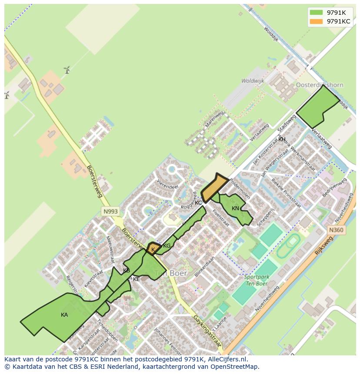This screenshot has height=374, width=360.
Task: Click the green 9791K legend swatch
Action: [x=316, y=13]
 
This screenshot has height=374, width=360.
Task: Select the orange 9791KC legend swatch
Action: [x=316, y=21]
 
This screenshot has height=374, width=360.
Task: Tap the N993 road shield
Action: [x=110, y=212]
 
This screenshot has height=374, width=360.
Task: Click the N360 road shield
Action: [x=336, y=230]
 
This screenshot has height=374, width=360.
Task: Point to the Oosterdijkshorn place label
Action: [x=319, y=85]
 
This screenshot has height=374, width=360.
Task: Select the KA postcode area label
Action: [x=64, y=315]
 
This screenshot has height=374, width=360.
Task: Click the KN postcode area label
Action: [x=235, y=209]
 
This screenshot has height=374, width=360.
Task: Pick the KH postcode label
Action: [x=282, y=139]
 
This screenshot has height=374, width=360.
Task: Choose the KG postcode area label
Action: [x=167, y=246]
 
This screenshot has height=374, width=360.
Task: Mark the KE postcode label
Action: [x=136, y=279]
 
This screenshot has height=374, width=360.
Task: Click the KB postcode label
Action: [x=127, y=271]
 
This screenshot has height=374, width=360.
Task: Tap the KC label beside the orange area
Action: [x=198, y=203]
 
